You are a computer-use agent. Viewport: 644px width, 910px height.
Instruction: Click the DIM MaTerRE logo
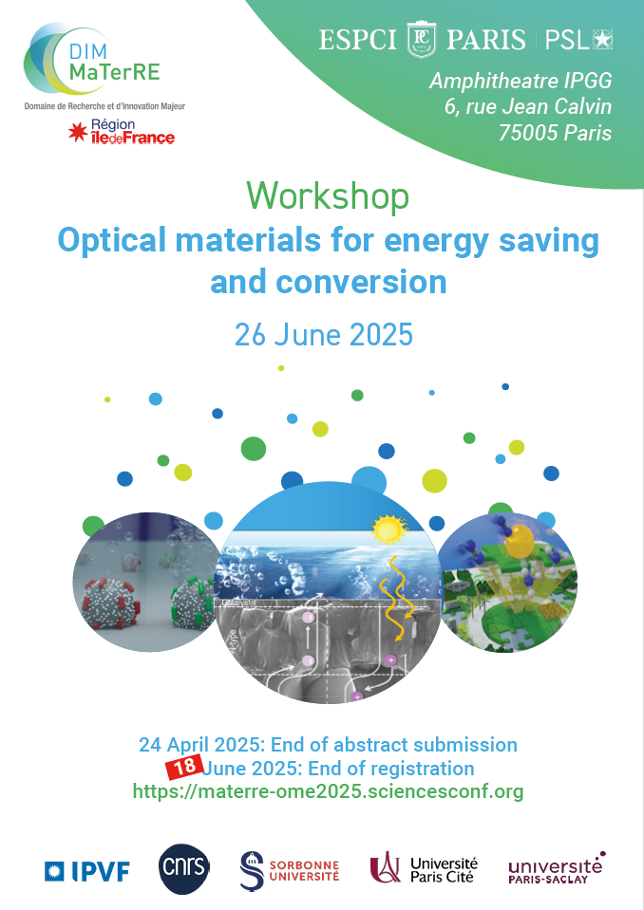[x=93, y=61]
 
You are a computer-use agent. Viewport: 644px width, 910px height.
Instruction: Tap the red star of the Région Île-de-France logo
[x=77, y=132]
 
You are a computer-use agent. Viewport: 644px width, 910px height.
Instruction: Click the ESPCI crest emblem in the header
[x=422, y=40]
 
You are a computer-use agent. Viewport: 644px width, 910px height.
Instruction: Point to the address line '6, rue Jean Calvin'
[x=528, y=107]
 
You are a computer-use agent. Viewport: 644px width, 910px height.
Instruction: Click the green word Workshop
[x=328, y=196]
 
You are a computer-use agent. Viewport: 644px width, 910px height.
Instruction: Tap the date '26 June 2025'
[x=324, y=335]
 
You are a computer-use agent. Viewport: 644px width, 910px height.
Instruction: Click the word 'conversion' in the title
[x=361, y=282]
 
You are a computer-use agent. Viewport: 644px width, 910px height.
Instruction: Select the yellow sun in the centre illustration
[x=389, y=529]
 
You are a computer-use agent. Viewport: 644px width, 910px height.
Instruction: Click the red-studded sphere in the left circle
[x=113, y=603]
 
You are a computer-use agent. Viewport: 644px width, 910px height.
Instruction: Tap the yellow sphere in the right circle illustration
[x=518, y=542]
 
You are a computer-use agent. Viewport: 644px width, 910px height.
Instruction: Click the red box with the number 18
[x=184, y=768]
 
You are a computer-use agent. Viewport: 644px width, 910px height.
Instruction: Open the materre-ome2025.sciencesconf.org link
[x=328, y=791]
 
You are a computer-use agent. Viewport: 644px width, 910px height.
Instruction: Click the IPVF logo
[x=87, y=871]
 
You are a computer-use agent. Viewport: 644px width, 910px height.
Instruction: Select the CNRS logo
[x=184, y=869]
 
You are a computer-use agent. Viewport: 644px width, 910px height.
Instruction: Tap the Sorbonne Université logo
[x=290, y=870]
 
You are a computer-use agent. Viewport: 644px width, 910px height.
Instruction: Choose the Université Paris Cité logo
[x=424, y=869]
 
